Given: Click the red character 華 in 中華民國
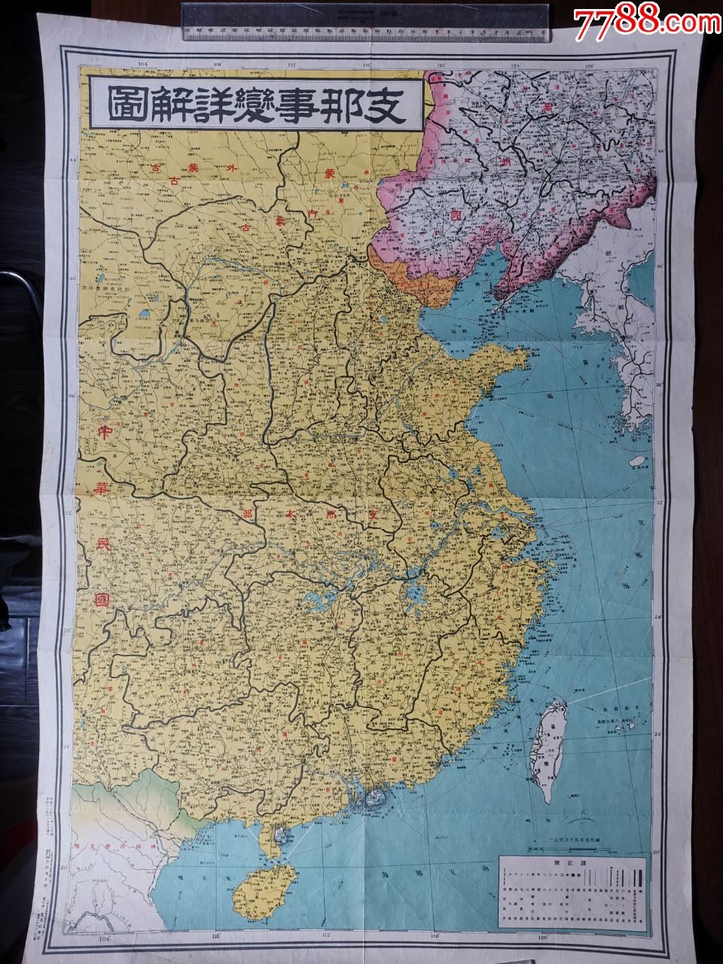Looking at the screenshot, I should (99, 491).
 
